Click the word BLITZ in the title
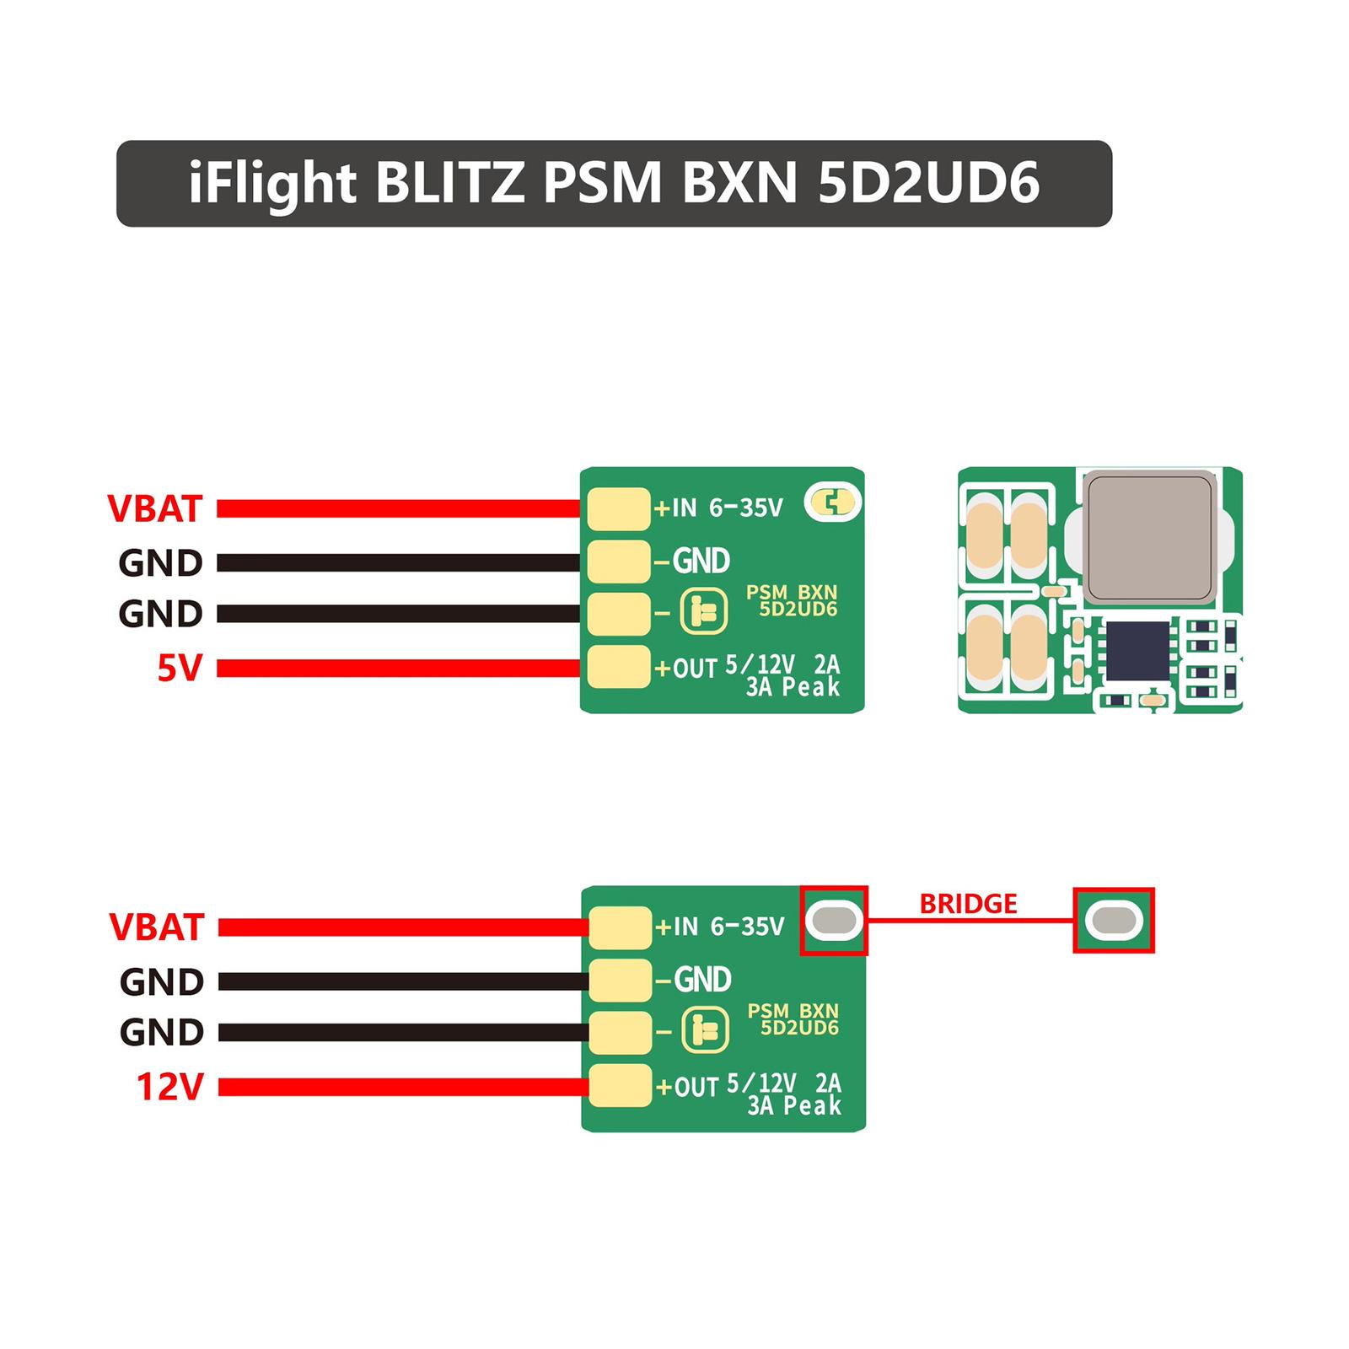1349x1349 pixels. (449, 183)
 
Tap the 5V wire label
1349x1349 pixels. (180, 669)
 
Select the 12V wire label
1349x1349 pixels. (170, 1087)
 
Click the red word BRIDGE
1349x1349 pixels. (968, 904)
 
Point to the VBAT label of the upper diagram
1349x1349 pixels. (155, 508)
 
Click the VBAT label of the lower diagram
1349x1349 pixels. (157, 927)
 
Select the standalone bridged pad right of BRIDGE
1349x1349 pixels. (1113, 921)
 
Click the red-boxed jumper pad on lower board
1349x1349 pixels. (834, 920)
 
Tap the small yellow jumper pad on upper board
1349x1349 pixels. (833, 503)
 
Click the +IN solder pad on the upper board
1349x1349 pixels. (618, 508)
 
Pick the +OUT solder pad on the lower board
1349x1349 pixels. (620, 1086)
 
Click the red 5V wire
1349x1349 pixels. (396, 669)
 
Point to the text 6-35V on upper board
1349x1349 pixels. (746, 508)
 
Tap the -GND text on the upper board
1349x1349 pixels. (691, 561)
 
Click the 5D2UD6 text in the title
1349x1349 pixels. (928, 183)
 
